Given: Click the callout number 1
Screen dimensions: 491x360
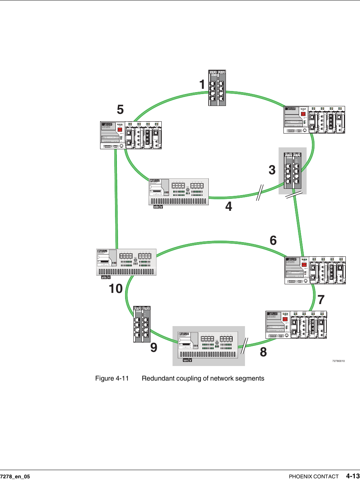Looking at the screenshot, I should click(202, 85).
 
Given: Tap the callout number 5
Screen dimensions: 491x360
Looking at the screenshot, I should click(120, 110).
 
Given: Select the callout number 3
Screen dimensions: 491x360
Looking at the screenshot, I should click(272, 170).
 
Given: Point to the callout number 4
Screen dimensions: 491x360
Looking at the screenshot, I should click(229, 206).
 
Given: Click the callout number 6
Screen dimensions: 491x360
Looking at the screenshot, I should click(273, 241).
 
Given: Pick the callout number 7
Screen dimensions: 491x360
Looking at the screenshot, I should click(321, 300).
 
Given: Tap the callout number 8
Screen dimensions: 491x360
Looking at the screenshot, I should click(263, 352).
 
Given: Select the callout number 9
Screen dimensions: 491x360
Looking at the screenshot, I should click(154, 348).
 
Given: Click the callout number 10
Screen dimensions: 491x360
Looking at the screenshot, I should click(116, 288).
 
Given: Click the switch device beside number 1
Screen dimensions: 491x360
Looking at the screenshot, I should click(217, 88).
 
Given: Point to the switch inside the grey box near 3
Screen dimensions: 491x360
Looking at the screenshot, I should click(292, 170).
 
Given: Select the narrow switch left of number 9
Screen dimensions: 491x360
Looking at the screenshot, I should click(142, 324).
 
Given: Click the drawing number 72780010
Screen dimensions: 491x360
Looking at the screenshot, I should click(338, 361).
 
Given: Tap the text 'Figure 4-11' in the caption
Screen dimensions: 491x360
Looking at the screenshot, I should click(112, 378).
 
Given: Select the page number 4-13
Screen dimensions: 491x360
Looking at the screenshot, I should click(353, 476).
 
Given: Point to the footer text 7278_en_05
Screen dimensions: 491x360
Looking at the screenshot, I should click(15, 476).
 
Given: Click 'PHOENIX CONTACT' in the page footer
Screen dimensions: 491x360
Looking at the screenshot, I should click(314, 476).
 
